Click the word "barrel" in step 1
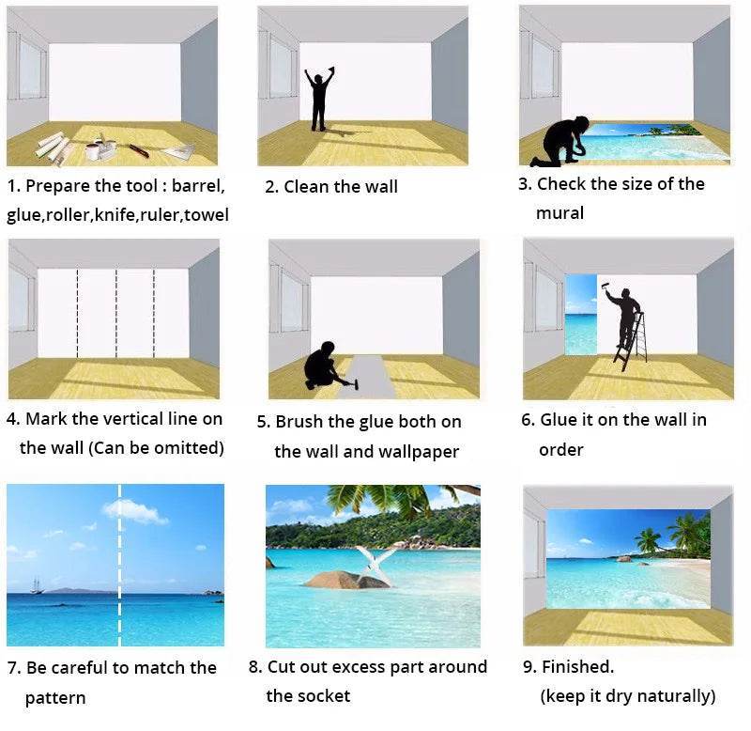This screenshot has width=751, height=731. point(198,185)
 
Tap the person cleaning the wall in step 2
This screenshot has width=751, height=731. point(319,99)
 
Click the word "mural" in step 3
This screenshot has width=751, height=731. point(559,213)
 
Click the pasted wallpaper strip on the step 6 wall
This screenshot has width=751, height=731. point(581,315)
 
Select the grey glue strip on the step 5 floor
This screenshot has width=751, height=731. point(367,377)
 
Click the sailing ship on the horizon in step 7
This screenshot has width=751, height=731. point(36,585)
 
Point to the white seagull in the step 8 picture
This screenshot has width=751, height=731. point(375,562)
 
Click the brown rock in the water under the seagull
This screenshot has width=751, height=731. point(346,580)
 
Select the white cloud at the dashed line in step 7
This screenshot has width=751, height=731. point(135,511)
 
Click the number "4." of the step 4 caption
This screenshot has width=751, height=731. point(13,419)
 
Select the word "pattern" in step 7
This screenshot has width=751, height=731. point(55,698)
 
